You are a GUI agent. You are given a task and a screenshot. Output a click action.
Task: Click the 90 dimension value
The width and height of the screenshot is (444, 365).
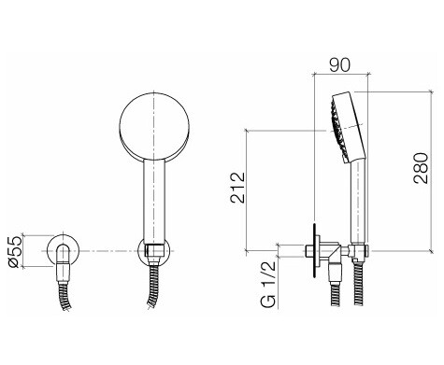point(340,65)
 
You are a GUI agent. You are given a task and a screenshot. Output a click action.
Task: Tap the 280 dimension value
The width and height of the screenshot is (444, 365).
point(421,168)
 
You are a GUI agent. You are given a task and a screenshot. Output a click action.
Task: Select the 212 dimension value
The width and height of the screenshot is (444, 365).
point(238,188)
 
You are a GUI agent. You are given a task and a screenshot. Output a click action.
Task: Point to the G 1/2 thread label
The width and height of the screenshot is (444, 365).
point(268,284)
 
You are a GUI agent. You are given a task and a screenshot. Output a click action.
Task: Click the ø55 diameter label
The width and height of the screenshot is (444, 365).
point(15,252)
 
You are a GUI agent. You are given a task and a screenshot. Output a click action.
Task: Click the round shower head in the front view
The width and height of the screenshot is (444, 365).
point(154,127)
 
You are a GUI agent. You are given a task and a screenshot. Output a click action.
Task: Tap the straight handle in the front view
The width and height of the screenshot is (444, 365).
point(154,202)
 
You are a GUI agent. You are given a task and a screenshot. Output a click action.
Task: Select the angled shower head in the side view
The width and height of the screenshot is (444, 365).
point(347,128)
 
